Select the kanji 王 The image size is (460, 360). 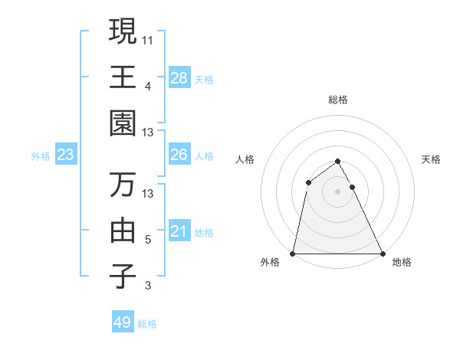123,77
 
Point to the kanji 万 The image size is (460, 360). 123,184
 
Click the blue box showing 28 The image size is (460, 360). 179,77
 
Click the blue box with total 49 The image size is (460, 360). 123,322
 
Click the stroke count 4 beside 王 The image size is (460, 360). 148,85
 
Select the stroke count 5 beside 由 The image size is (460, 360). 148,240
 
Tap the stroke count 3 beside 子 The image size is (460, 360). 148,286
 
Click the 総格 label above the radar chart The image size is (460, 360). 337,100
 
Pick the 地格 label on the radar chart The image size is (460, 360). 402,263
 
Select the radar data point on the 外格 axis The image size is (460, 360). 293,254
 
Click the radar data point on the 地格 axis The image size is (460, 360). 382,254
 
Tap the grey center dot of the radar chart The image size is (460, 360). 337,191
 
